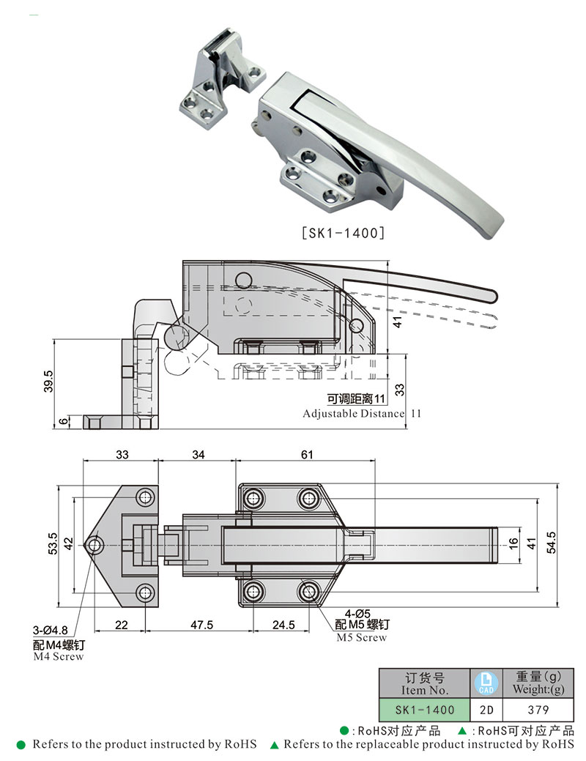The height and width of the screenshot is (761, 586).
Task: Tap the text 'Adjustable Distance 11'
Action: click(x=363, y=413)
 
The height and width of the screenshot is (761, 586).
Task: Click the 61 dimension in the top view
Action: click(x=306, y=455)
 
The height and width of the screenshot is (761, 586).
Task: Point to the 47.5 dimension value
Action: click(x=201, y=625)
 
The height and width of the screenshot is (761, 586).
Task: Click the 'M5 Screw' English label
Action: click(x=361, y=637)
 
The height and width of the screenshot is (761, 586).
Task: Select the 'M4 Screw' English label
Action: click(x=59, y=657)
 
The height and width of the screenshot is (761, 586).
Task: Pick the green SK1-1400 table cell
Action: click(x=425, y=709)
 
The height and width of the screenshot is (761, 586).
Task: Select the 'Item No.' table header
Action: click(x=425, y=683)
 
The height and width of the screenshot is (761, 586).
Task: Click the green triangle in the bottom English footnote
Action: click(x=274, y=745)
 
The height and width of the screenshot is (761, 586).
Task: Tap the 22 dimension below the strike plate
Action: click(x=121, y=625)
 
